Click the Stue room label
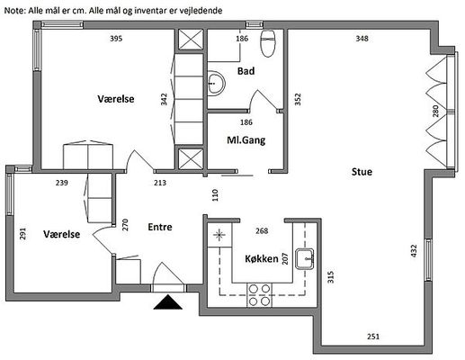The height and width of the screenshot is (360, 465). coord(362,172)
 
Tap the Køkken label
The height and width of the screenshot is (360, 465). coord(262,258)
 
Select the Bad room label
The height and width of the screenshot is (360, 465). coord(246,71)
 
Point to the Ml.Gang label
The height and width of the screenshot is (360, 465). coord(246,140)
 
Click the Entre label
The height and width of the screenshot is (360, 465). coord(160,227)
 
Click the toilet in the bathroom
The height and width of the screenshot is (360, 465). coord(268,43)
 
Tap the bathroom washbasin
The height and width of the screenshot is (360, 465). coord(216,83)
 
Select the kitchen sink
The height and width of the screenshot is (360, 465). coord(305,258)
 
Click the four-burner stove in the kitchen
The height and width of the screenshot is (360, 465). coord(260,295)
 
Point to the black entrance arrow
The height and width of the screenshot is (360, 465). coord(168,302)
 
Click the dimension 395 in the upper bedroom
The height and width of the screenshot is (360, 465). coord(116,39)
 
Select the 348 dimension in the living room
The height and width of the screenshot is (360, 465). coord(362,39)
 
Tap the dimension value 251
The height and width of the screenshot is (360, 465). coord(373,337)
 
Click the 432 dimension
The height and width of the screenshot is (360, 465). coord(414,251)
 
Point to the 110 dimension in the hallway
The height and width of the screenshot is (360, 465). coord(215,195)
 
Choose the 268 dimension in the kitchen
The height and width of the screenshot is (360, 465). coord(262,231)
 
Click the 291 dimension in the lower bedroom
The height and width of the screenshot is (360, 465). coord(22,234)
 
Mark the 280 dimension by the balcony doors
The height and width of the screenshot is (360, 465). coord(435,111)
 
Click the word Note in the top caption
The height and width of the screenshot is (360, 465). coord(15,11)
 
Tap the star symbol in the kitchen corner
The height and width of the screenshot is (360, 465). coord(219,235)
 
